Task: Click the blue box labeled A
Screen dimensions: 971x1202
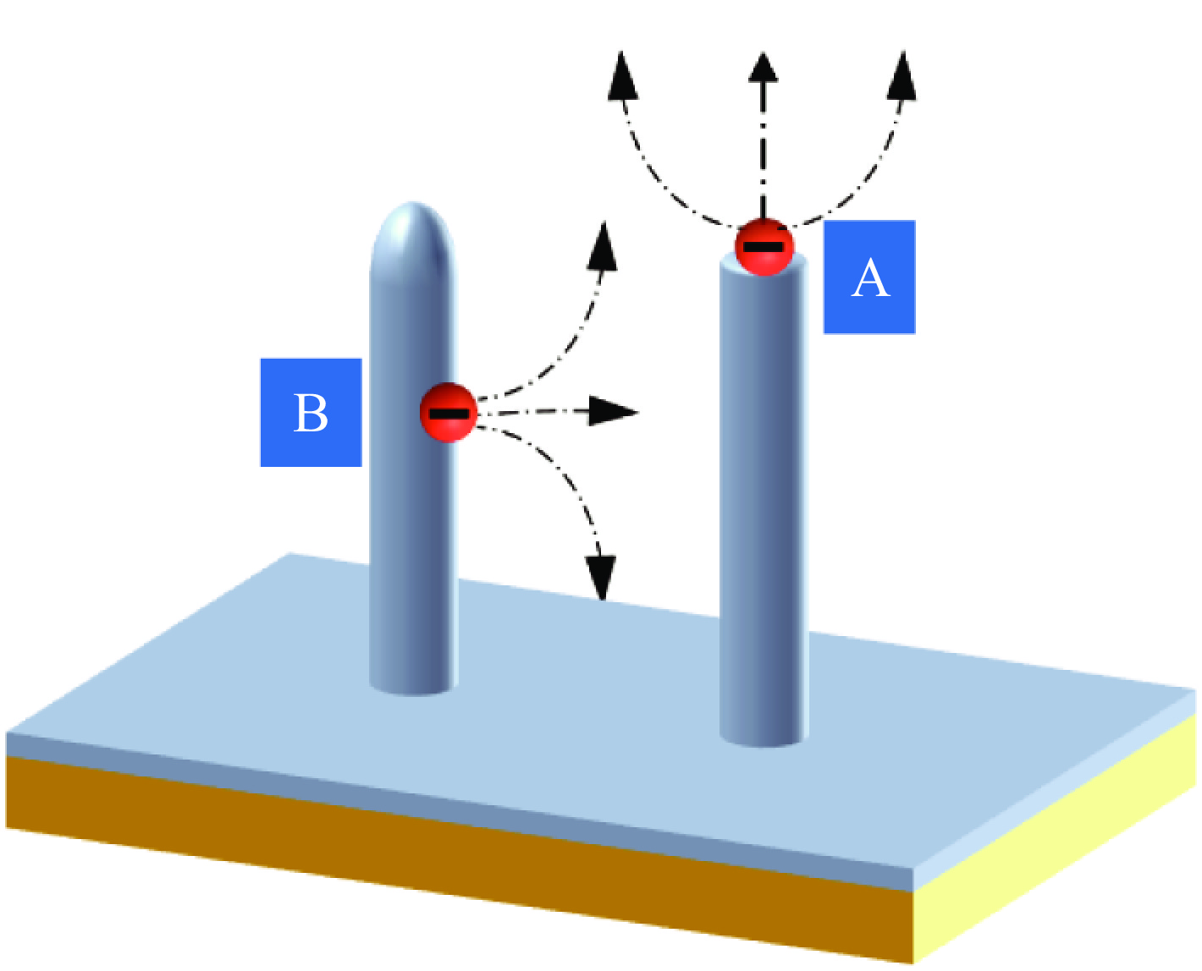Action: (869, 277)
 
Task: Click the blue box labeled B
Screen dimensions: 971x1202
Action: (311, 413)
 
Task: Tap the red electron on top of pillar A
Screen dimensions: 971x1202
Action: (764, 247)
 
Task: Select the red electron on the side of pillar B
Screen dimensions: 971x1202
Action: (449, 412)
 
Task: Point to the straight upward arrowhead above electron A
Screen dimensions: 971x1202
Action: (764, 68)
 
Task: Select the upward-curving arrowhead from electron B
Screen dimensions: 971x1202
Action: (603, 245)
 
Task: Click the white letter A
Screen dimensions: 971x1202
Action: (870, 278)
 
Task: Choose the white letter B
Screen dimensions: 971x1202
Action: (311, 414)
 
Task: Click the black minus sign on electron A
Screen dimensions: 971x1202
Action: (764, 247)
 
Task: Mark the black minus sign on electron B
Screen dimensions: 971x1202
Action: (449, 413)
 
